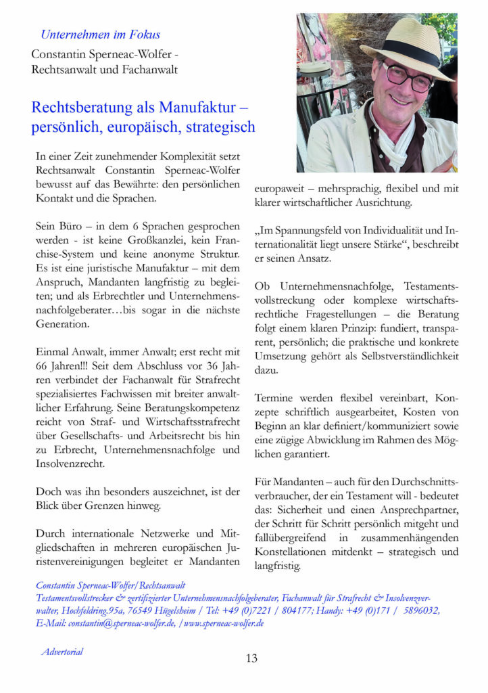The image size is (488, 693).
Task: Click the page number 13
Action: [x=251, y=658]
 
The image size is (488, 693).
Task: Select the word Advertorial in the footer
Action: [x=62, y=652]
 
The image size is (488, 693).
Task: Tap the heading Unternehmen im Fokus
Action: [x=100, y=34]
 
